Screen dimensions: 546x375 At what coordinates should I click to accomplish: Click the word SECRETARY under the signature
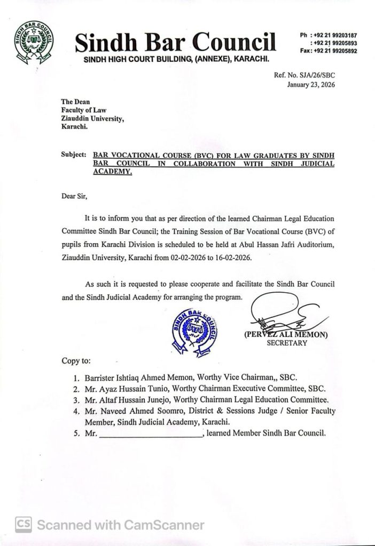coord(286,343)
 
